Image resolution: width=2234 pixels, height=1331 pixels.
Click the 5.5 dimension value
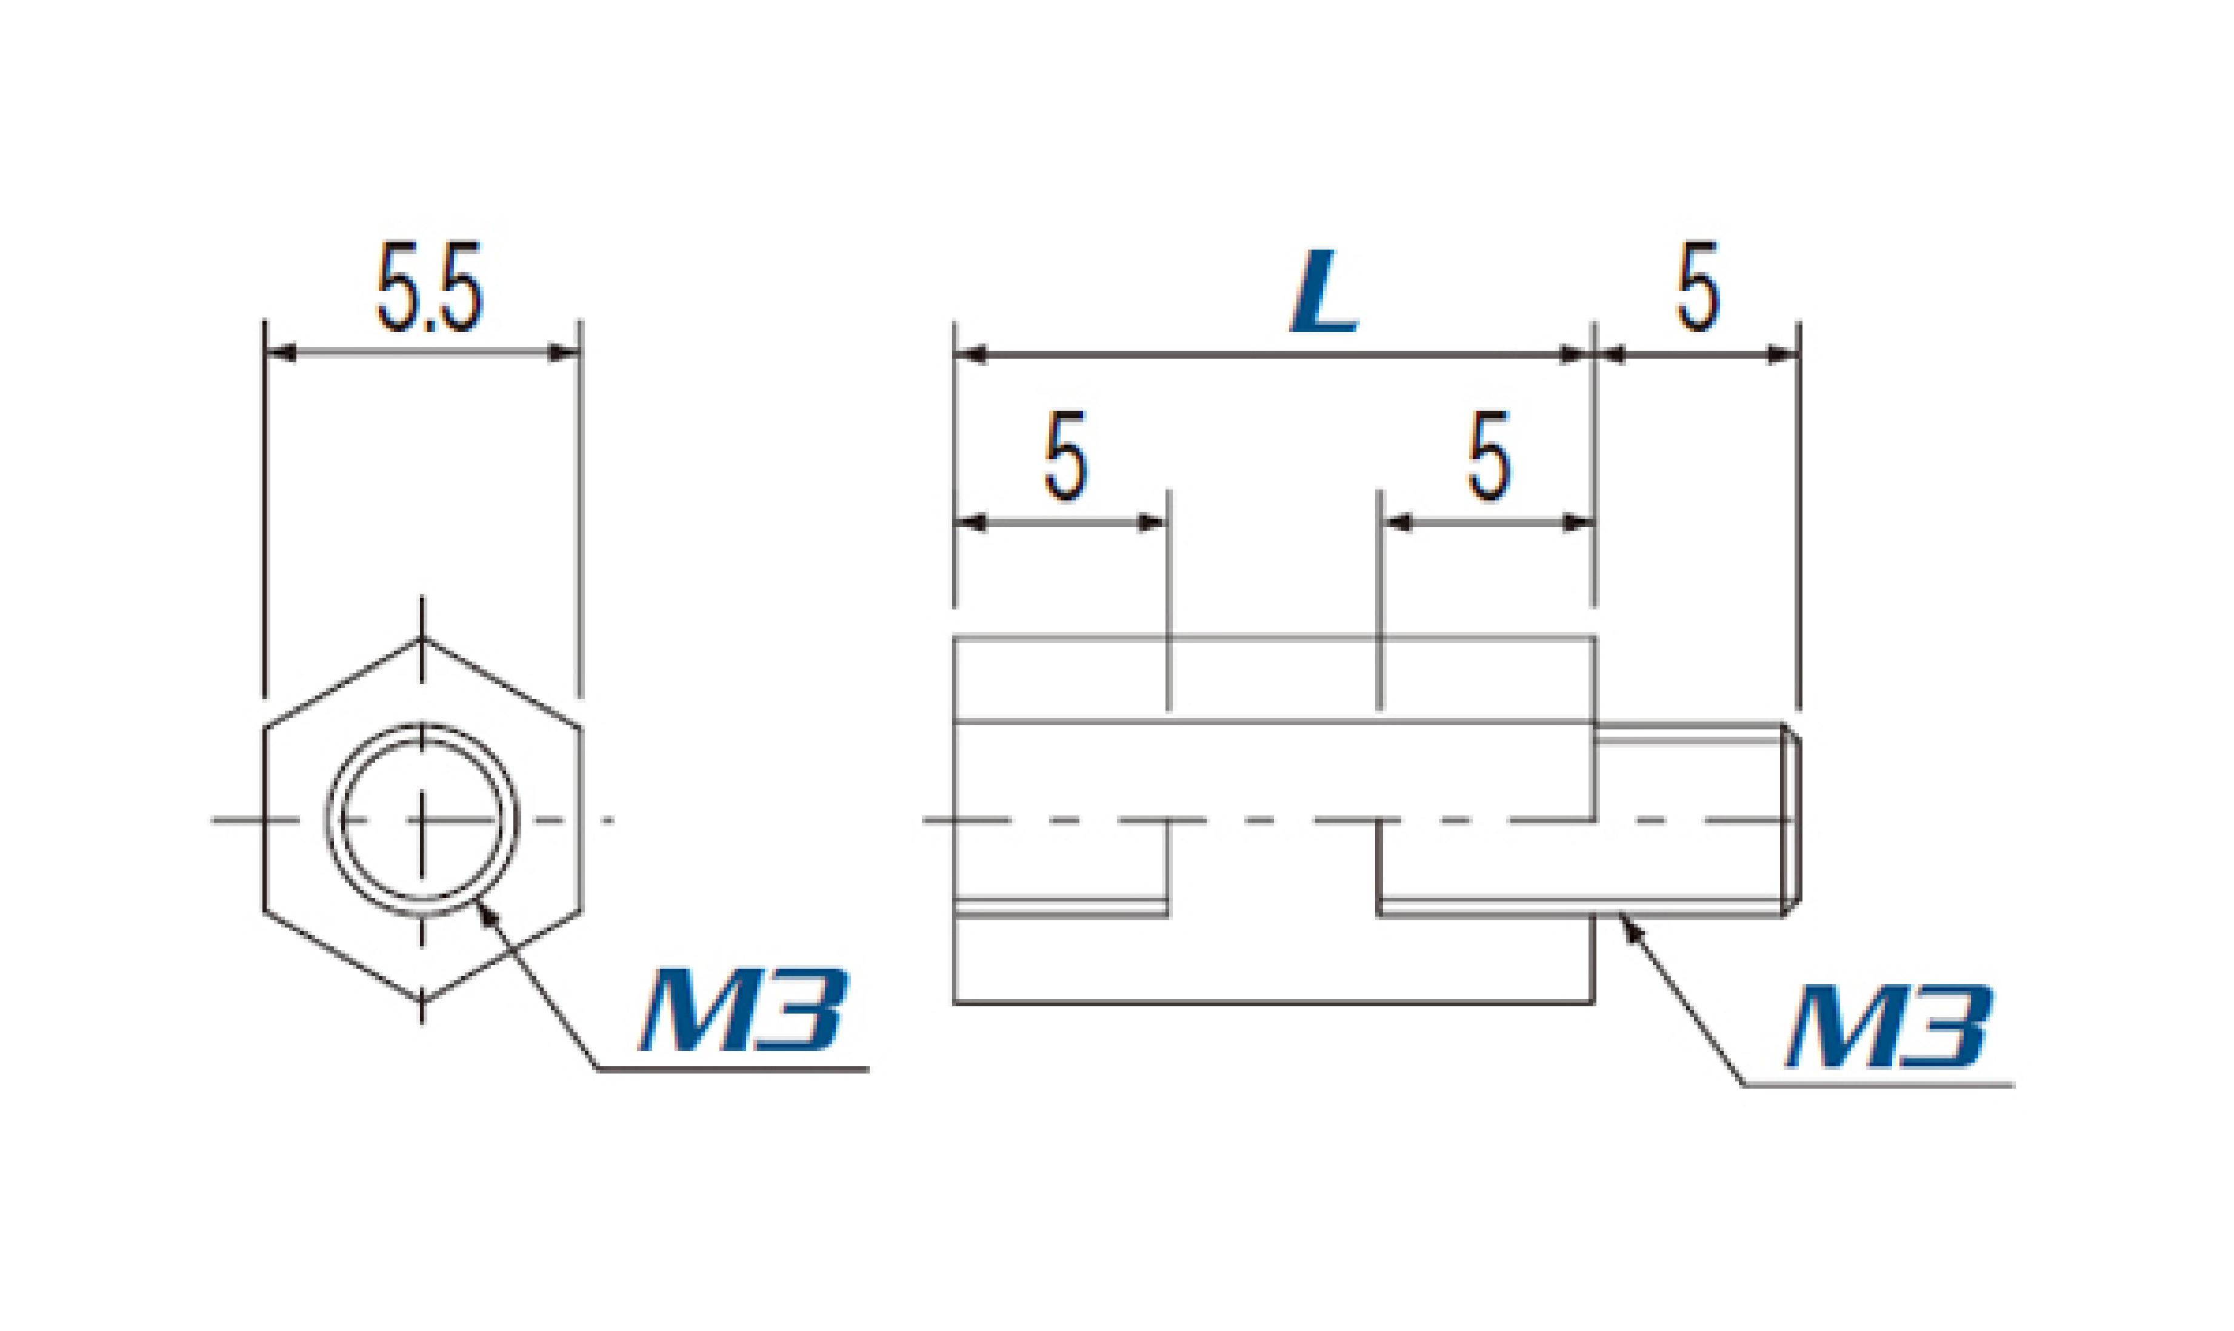[x=429, y=286]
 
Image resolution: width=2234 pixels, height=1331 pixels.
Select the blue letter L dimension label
[x=1324, y=291]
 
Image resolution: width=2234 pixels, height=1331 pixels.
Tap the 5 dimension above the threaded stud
[x=1698, y=286]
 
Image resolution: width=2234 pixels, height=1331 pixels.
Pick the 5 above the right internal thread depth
[x=1489, y=456]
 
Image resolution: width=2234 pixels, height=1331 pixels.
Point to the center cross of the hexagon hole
[x=422, y=820]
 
